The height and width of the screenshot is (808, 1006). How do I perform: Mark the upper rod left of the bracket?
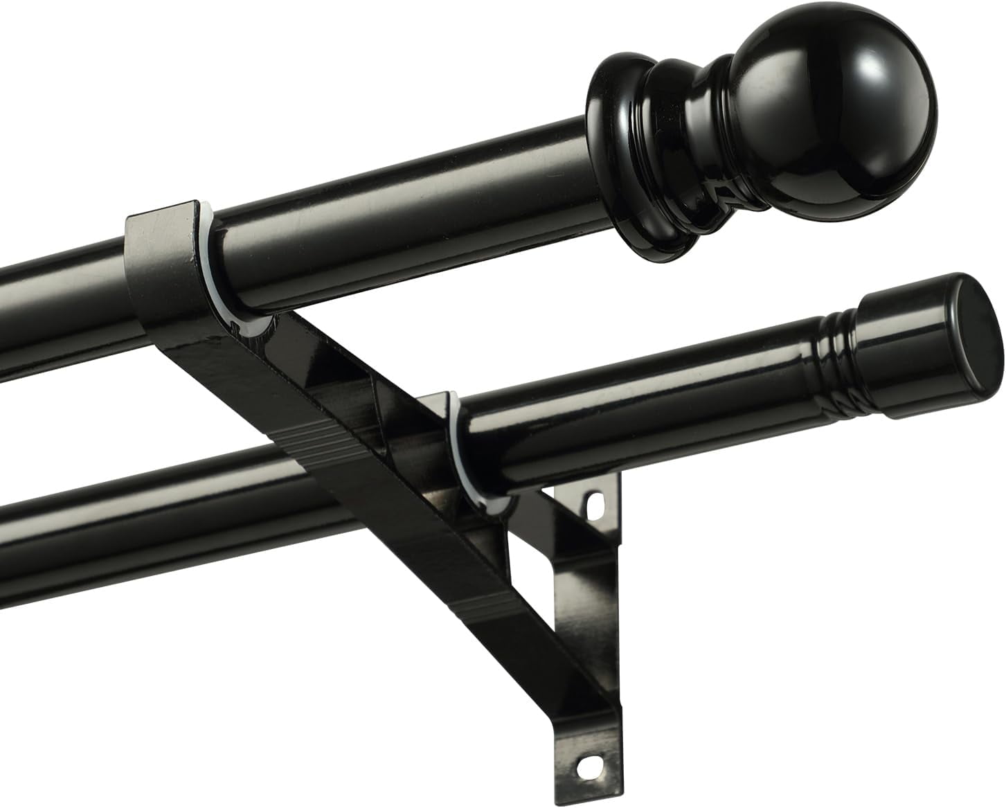pos(55,298)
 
